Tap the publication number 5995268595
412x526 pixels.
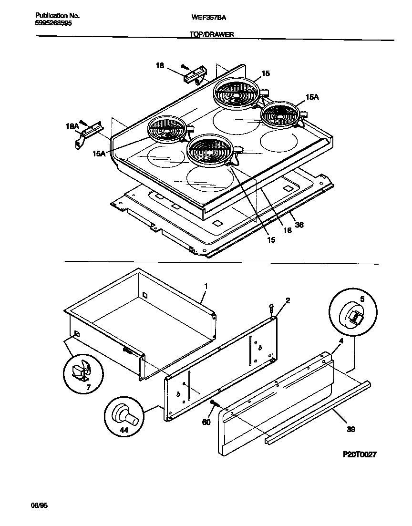coord(53,22)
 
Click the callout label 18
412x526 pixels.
coord(161,67)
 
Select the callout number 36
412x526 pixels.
coord(299,225)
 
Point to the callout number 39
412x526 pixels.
coord(350,429)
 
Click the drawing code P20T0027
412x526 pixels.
coord(360,455)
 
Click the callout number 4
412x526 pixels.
coord(341,341)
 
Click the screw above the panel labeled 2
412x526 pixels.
coord(271,308)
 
